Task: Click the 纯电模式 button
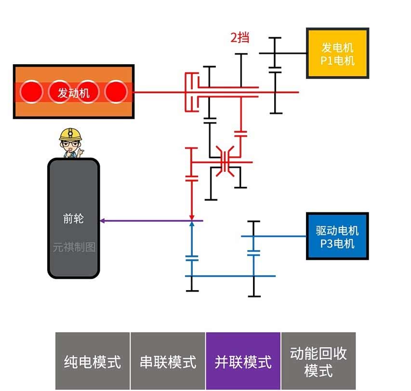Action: [93, 361]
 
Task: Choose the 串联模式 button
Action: [168, 361]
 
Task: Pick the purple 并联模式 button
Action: [243, 361]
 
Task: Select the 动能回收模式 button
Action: [318, 361]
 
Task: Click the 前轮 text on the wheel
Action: [73, 218]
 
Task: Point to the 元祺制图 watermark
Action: [74, 247]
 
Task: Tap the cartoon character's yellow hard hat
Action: [70, 134]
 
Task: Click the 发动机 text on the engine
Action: [74, 92]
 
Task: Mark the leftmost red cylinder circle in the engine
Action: [31, 92]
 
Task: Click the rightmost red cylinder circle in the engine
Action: [116, 92]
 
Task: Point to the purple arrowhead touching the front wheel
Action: [103, 221]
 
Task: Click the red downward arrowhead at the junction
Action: [192, 217]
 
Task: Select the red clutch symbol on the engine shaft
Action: [192, 92]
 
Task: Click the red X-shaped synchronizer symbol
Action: [225, 162]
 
